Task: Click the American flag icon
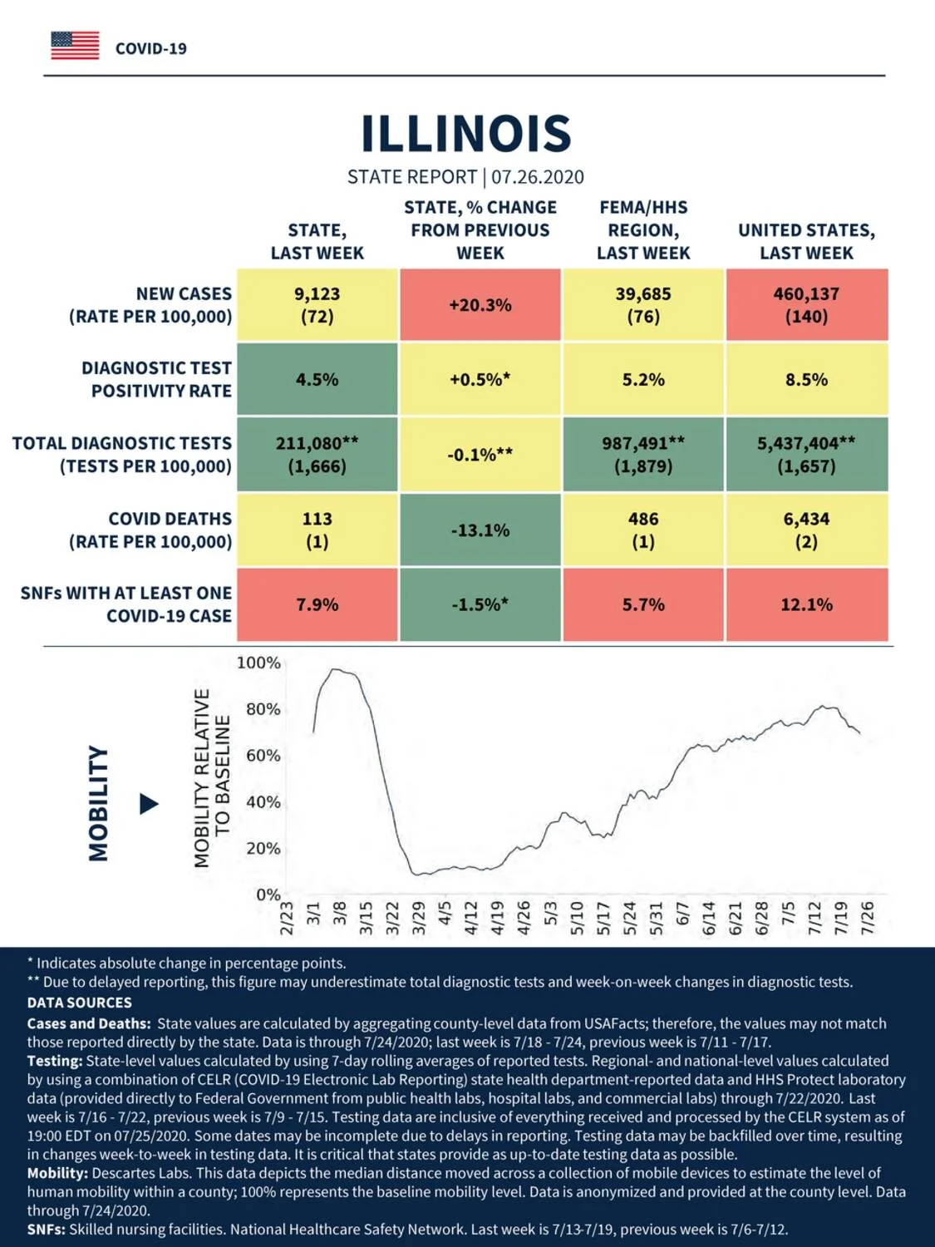75,46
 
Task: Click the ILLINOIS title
466,134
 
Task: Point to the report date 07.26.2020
538,177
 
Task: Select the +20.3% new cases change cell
480,305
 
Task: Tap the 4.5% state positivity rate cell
317,379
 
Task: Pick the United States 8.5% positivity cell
807,379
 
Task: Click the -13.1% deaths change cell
480,530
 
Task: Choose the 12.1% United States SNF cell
807,604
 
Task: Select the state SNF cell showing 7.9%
317,604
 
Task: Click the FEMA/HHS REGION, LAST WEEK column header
643,230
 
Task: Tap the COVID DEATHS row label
150,530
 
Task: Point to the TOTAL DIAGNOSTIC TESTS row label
122,455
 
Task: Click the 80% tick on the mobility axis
263,709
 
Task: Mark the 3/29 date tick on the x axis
419,918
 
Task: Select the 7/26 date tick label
868,918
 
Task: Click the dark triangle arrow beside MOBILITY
149,804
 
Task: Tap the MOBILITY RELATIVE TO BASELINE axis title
212,778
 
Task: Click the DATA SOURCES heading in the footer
80,1002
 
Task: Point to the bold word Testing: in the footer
55,1061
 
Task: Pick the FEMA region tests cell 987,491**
643,442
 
